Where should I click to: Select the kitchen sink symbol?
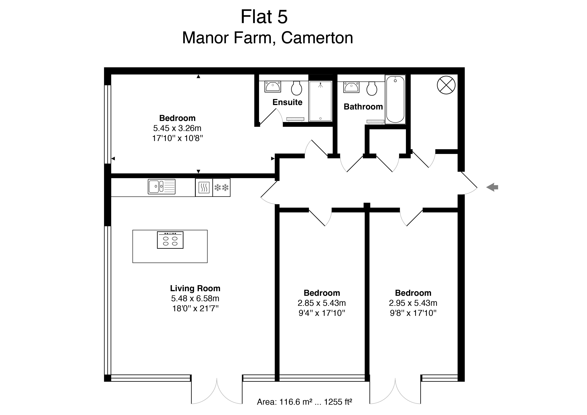[162, 187]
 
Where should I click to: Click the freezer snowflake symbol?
[221, 188]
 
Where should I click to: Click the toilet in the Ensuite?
[297, 88]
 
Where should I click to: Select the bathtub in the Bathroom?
[395, 100]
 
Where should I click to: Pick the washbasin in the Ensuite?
[273, 87]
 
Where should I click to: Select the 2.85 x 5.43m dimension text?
[322, 303]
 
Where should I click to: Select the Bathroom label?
[363, 107]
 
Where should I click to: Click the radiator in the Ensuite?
[295, 119]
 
